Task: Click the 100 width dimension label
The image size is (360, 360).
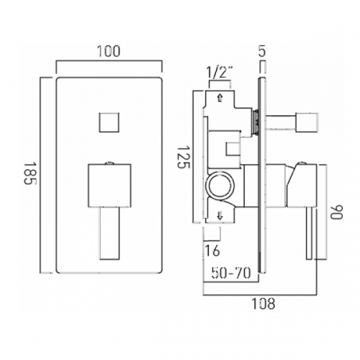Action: point(109,51)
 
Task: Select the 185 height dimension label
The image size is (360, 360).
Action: point(30,174)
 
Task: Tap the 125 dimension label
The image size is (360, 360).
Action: point(184,157)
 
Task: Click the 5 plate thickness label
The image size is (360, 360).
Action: point(262,51)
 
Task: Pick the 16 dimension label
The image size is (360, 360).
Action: point(212,251)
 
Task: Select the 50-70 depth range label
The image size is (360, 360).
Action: point(231,273)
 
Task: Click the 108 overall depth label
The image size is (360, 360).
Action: point(264,304)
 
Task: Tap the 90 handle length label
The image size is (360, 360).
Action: point(336,212)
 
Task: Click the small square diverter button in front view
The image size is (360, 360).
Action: point(109,122)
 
